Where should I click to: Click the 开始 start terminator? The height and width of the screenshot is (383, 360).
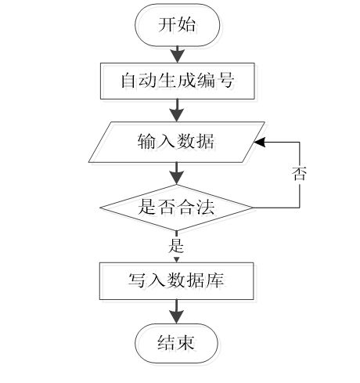[x=177, y=25]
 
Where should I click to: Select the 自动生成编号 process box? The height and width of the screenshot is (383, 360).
[x=178, y=81]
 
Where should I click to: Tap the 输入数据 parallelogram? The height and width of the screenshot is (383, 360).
[x=177, y=142]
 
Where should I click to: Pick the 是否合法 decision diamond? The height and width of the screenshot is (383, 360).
[x=177, y=208]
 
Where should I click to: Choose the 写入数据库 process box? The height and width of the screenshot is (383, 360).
[x=177, y=281]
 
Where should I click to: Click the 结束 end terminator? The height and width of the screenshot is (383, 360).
[x=176, y=343]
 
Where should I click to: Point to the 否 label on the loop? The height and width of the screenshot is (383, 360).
[x=299, y=174]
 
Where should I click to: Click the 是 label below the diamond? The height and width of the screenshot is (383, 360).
[x=176, y=245]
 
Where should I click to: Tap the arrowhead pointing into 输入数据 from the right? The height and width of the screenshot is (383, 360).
[x=260, y=142]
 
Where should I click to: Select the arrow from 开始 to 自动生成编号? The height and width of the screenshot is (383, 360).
[x=178, y=55]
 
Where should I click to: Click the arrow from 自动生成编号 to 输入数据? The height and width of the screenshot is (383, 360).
[x=177, y=110]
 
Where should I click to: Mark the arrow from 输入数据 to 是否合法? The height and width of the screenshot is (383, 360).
[x=177, y=174]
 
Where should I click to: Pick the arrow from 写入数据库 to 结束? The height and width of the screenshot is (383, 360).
[x=177, y=312]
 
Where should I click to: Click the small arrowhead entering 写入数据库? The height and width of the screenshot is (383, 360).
[x=177, y=260]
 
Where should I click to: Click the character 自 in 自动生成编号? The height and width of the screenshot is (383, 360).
[x=129, y=81]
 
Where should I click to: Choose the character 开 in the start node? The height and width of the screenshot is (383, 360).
[x=167, y=25]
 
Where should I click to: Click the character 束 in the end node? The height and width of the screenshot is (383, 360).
[x=185, y=342]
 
